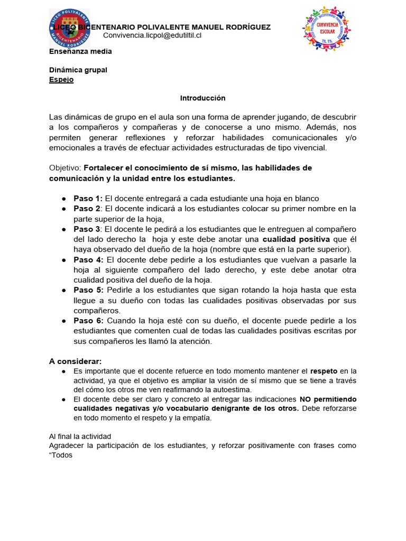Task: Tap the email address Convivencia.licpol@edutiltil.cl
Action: tap(152, 35)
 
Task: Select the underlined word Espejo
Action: tap(61, 80)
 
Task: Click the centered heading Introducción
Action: tap(202, 98)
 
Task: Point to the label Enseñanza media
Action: tap(80, 52)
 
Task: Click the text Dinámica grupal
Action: tap(78, 70)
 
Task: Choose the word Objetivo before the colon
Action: tap(64, 168)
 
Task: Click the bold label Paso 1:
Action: tap(88, 199)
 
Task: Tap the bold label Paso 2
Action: tap(87, 209)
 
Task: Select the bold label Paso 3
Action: tap(87, 229)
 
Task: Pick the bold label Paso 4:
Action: tap(88, 260)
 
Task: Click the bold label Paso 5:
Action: tap(88, 291)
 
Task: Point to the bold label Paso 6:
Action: tap(88, 321)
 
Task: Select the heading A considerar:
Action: tap(75, 361)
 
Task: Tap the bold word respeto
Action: tap(323, 371)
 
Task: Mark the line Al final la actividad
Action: tap(80, 436)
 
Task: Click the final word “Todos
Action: tap(60, 455)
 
